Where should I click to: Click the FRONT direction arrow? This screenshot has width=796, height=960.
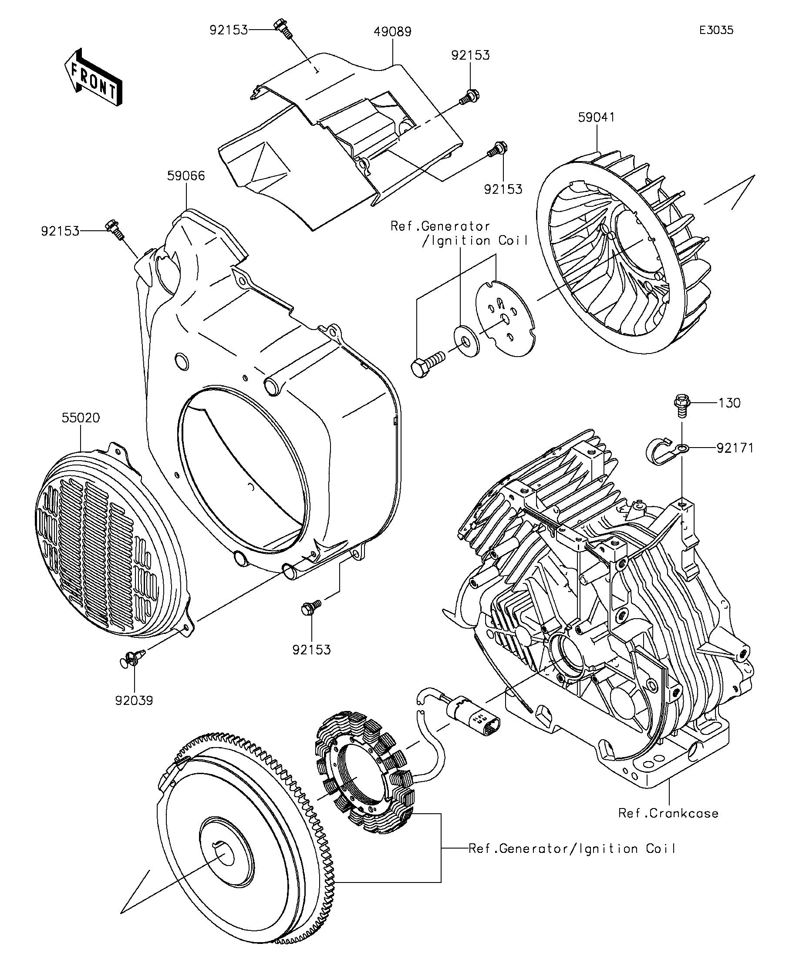93,77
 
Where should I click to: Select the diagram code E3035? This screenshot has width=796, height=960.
716,30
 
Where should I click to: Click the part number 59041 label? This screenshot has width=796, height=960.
596,118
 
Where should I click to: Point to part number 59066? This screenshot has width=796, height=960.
186,175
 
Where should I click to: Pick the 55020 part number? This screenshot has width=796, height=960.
81,418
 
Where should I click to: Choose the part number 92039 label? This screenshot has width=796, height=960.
134,701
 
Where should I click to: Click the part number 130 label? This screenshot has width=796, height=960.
729,403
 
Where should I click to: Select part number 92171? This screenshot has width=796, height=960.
735,448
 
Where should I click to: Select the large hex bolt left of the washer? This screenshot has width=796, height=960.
428,364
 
